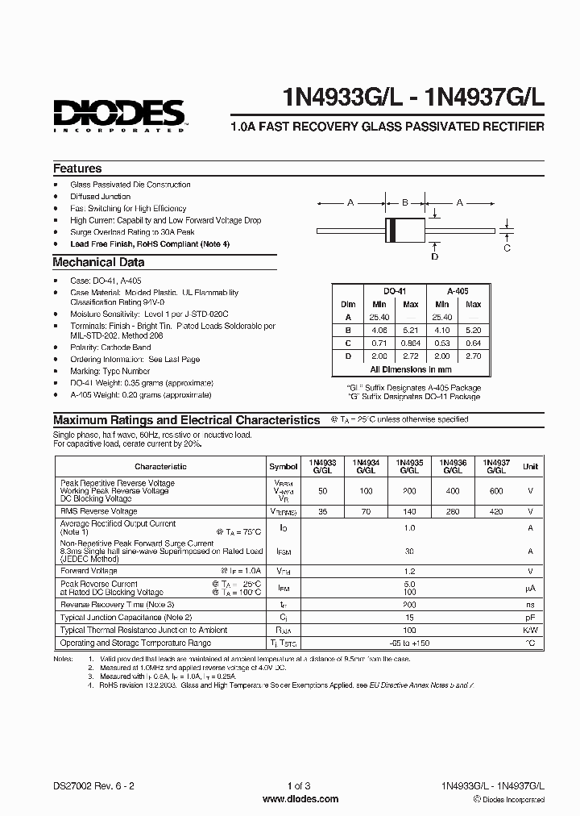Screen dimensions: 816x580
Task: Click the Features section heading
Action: (77, 169)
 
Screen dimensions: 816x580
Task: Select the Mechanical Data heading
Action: (98, 262)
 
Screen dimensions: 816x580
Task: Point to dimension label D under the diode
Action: (435, 256)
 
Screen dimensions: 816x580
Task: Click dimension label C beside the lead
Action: (507, 248)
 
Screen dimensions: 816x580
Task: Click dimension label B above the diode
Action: (405, 203)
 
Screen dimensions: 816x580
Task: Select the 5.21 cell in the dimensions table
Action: (411, 330)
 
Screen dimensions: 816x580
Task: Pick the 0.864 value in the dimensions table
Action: (411, 343)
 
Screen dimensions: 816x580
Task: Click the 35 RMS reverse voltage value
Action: (322, 511)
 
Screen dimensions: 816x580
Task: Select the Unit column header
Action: (530, 466)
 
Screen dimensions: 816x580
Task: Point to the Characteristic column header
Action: (160, 466)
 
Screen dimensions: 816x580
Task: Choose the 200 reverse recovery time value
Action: (409, 604)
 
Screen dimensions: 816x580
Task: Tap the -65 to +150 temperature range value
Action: (409, 643)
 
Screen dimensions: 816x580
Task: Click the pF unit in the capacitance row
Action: (530, 617)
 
